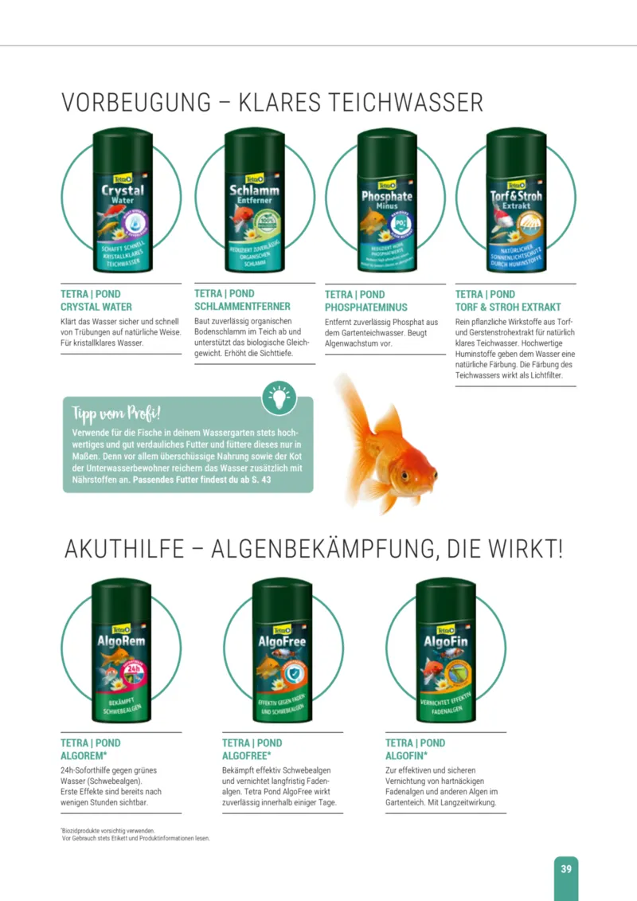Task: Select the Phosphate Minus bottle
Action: pyautogui.click(x=387, y=203)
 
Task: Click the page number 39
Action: pyautogui.click(x=565, y=868)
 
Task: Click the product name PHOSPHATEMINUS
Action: pyautogui.click(x=365, y=308)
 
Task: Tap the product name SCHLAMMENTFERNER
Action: pyautogui.click(x=242, y=306)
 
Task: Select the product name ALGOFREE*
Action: pyautogui.click(x=247, y=755)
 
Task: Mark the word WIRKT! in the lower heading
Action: pyautogui.click(x=523, y=549)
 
